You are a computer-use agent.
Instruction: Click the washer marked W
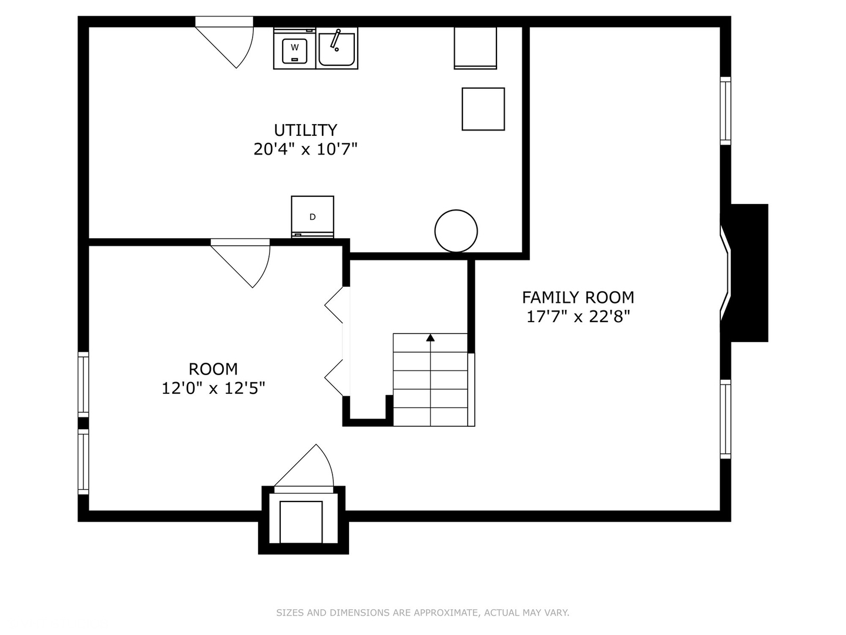pos(294,48)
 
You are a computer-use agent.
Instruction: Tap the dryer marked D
pos(312,217)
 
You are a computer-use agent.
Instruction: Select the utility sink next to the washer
pos(337,48)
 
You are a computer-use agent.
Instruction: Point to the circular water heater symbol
pos(456,231)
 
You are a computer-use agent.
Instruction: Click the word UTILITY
pos(305,131)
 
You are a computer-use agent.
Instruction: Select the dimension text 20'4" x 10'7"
pos(305,149)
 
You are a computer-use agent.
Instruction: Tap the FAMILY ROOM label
pos(578,298)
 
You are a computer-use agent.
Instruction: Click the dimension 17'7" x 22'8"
pos(578,316)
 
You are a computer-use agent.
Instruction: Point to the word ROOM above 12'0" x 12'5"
pos(213,369)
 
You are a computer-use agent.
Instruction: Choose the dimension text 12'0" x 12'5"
pos(213,388)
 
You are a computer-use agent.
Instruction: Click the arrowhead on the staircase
pos(430,337)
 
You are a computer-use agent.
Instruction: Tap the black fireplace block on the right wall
pos(748,273)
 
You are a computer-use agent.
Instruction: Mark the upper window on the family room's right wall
pos(726,111)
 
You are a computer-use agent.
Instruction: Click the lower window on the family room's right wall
pos(726,419)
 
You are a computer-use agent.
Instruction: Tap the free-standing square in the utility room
pos(484,109)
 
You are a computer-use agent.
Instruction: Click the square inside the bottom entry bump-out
pos(301,522)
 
